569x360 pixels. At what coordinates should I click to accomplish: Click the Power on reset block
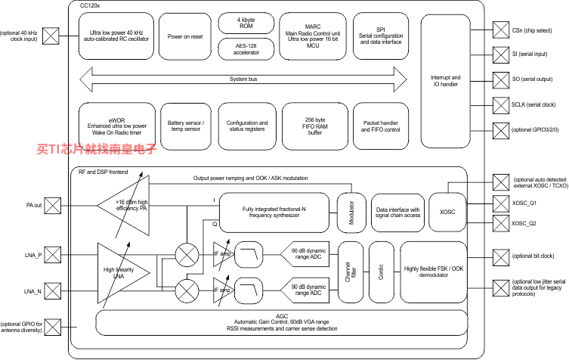tap(185, 36)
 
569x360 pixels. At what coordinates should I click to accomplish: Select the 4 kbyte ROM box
tap(246, 23)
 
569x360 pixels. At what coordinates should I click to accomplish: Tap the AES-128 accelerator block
tap(246, 49)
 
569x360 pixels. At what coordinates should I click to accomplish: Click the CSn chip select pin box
tap(501, 30)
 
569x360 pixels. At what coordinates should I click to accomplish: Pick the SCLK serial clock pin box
tap(501, 105)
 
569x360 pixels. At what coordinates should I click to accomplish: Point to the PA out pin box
tap(53, 206)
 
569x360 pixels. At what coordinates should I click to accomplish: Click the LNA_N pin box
tap(53, 291)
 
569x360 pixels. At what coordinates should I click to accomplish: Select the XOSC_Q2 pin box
tap(501, 223)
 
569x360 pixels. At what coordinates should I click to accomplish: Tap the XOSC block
tap(447, 213)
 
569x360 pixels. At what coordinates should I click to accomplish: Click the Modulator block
tap(351, 213)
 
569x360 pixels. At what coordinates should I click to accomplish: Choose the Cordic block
tap(381, 272)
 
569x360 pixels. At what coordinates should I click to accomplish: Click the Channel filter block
tap(351, 272)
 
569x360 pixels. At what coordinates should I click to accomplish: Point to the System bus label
tap(243, 79)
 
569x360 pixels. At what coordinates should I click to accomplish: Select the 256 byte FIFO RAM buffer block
tap(314, 126)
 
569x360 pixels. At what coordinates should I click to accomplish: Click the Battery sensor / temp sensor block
tap(186, 126)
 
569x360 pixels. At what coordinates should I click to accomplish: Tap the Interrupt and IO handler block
tap(446, 82)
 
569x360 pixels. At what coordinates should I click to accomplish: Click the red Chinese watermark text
tap(97, 149)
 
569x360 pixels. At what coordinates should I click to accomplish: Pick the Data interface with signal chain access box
tap(397, 213)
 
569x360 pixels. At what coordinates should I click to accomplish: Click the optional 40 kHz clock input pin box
tap(51, 36)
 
